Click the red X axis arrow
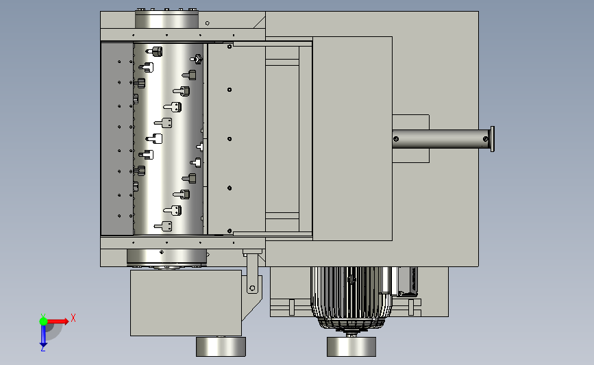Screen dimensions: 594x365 coord(57,321)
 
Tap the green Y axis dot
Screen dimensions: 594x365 coord(43,321)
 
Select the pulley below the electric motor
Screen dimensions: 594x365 coord(351,347)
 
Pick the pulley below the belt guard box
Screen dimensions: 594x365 coord(221,347)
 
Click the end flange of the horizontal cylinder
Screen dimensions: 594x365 coord(493,139)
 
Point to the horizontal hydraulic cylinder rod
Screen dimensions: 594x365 coord(441,139)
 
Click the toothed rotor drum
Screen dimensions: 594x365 coord(169,138)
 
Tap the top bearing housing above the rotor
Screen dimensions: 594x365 coord(166,18)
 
